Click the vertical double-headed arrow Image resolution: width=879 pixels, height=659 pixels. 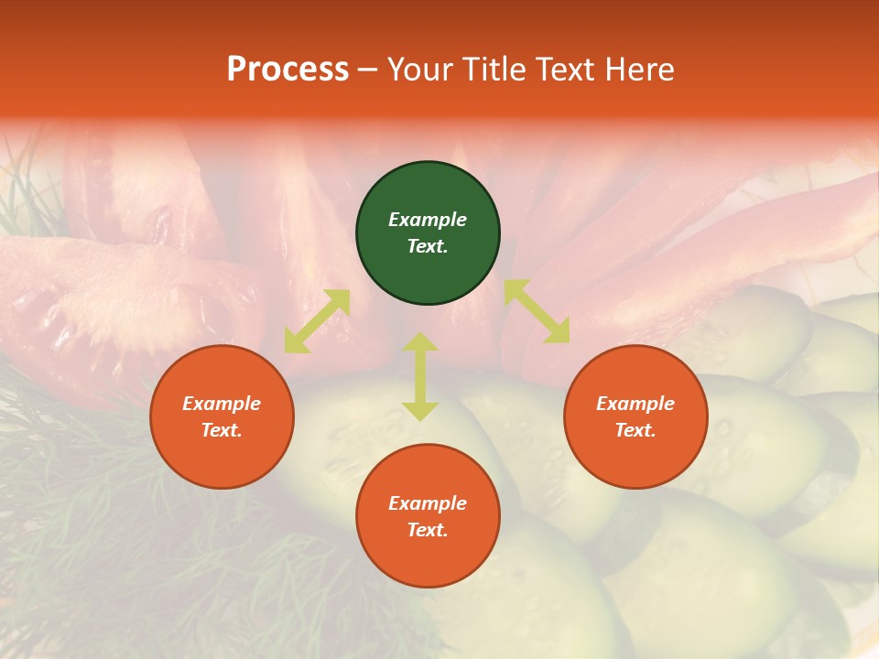[x=420, y=376]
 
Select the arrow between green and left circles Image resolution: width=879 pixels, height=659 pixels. [x=317, y=321]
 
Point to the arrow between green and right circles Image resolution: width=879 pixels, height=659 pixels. [x=537, y=311]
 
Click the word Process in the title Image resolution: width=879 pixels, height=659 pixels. [x=288, y=70]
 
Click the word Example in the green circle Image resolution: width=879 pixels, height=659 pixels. [x=428, y=220]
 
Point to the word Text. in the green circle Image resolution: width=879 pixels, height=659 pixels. [x=428, y=246]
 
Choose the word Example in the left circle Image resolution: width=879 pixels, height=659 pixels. [x=222, y=404]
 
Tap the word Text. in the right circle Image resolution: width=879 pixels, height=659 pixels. [x=635, y=430]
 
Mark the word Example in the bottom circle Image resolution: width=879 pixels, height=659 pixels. [x=428, y=503]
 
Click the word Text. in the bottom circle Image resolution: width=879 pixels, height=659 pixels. [x=428, y=530]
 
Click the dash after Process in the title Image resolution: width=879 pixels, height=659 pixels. [x=367, y=70]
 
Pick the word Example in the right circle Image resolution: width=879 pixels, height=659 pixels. [x=635, y=404]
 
